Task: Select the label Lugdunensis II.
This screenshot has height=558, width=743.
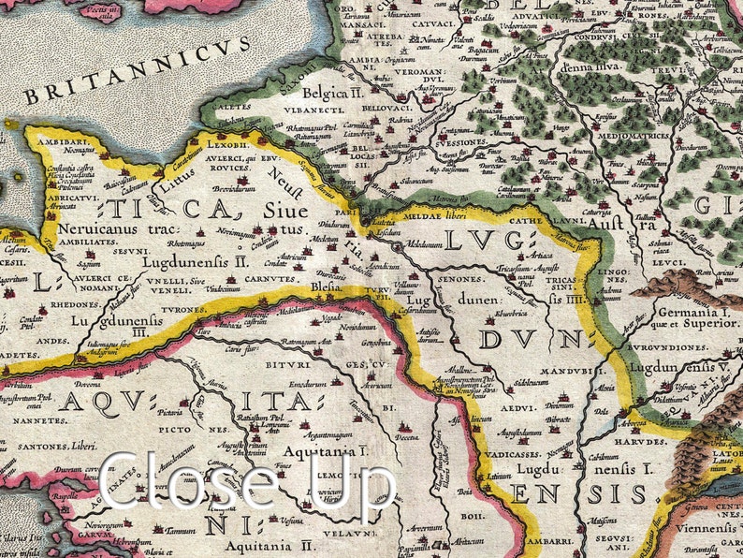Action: click(195, 263)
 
